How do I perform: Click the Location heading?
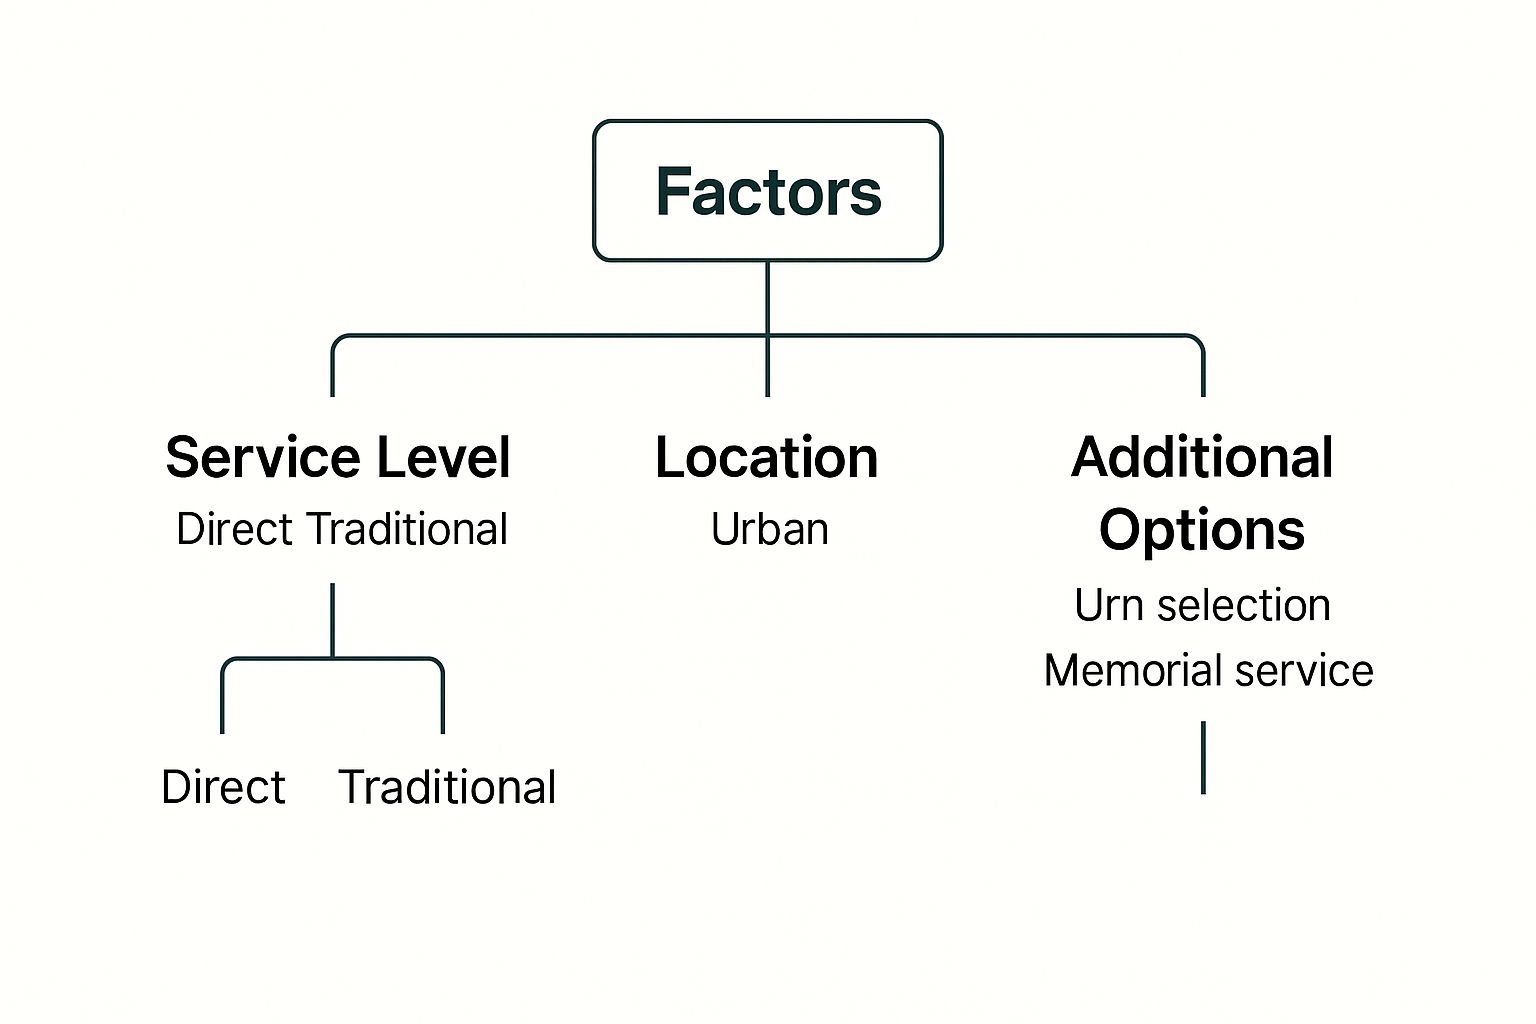click(767, 458)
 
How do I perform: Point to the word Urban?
click(769, 529)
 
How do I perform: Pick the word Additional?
click(1202, 458)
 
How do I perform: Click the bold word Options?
click(1202, 529)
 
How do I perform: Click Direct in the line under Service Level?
click(235, 529)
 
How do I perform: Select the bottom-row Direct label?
click(223, 787)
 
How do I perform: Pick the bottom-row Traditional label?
click(447, 787)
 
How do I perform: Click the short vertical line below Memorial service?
click(1203, 757)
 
